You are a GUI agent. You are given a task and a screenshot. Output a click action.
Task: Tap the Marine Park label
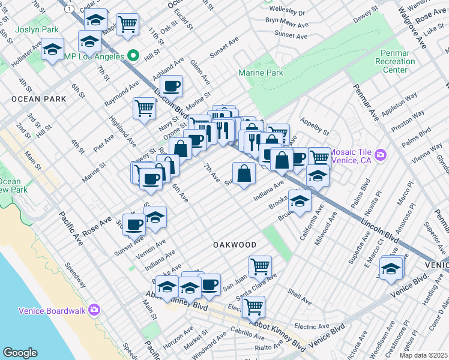click(x=261, y=73)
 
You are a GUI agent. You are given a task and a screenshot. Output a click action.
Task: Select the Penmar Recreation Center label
click(x=395, y=61)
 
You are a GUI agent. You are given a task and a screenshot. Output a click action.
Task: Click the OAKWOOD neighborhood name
click(x=234, y=245)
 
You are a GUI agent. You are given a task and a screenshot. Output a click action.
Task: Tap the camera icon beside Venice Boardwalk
click(x=94, y=310)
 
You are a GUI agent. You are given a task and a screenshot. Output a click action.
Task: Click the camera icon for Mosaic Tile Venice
click(x=379, y=156)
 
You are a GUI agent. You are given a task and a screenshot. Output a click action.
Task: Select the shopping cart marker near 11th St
click(x=127, y=23)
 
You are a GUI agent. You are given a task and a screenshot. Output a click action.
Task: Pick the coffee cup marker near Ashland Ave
click(x=171, y=86)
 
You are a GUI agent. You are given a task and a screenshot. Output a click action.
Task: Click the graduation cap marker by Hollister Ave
click(x=52, y=48)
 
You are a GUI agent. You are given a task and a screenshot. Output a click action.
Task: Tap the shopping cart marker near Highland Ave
click(x=144, y=108)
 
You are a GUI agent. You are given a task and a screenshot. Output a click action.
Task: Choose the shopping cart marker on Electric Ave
click(x=253, y=306)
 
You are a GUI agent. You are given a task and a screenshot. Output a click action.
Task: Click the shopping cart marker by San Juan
click(x=260, y=266)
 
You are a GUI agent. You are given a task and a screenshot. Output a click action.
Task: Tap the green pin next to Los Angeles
click(x=133, y=56)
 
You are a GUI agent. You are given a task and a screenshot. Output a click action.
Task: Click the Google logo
click(x=20, y=353)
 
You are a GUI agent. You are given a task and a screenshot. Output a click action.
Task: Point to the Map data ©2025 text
click(x=423, y=355)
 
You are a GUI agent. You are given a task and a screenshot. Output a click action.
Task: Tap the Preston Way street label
click(x=412, y=120)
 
